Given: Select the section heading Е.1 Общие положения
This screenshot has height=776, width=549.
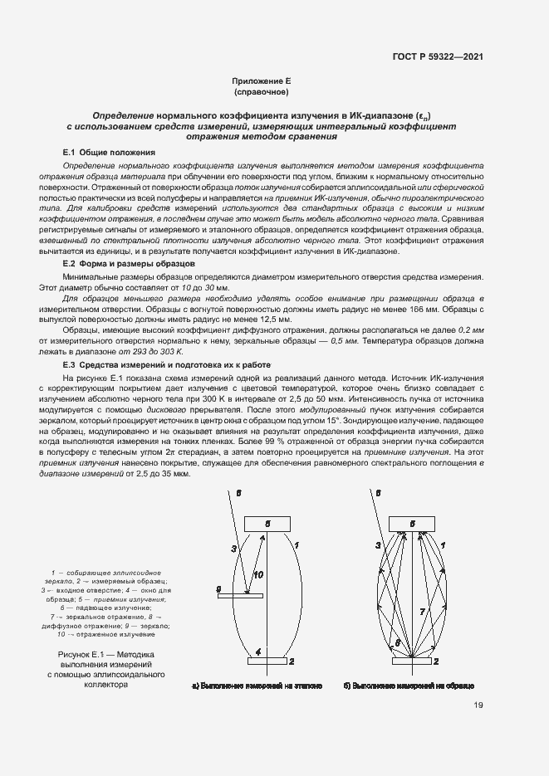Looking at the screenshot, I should tap(109, 153).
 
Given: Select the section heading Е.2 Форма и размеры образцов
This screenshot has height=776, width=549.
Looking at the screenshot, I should tap(129, 263).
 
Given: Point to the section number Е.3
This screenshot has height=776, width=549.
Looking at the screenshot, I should tap(70, 364).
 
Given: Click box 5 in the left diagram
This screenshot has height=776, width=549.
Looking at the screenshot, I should tap(267, 524).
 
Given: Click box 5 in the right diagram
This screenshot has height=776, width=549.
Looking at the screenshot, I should tap(412, 524).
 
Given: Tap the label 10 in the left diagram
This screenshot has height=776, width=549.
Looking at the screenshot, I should tap(258, 574).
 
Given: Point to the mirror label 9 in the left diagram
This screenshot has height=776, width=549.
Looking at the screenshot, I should tap(218, 589).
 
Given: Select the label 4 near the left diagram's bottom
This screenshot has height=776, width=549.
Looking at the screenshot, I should tap(258, 652).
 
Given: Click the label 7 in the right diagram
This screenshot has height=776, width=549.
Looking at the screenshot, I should tap(421, 611).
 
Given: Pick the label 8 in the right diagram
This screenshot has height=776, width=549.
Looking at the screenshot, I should tap(397, 643).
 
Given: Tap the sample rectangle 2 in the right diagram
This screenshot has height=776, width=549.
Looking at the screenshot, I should tap(412, 661).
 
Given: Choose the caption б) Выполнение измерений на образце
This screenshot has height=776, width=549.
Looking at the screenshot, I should tap(408, 686).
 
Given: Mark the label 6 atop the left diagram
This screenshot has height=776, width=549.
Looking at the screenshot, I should tap(238, 493).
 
